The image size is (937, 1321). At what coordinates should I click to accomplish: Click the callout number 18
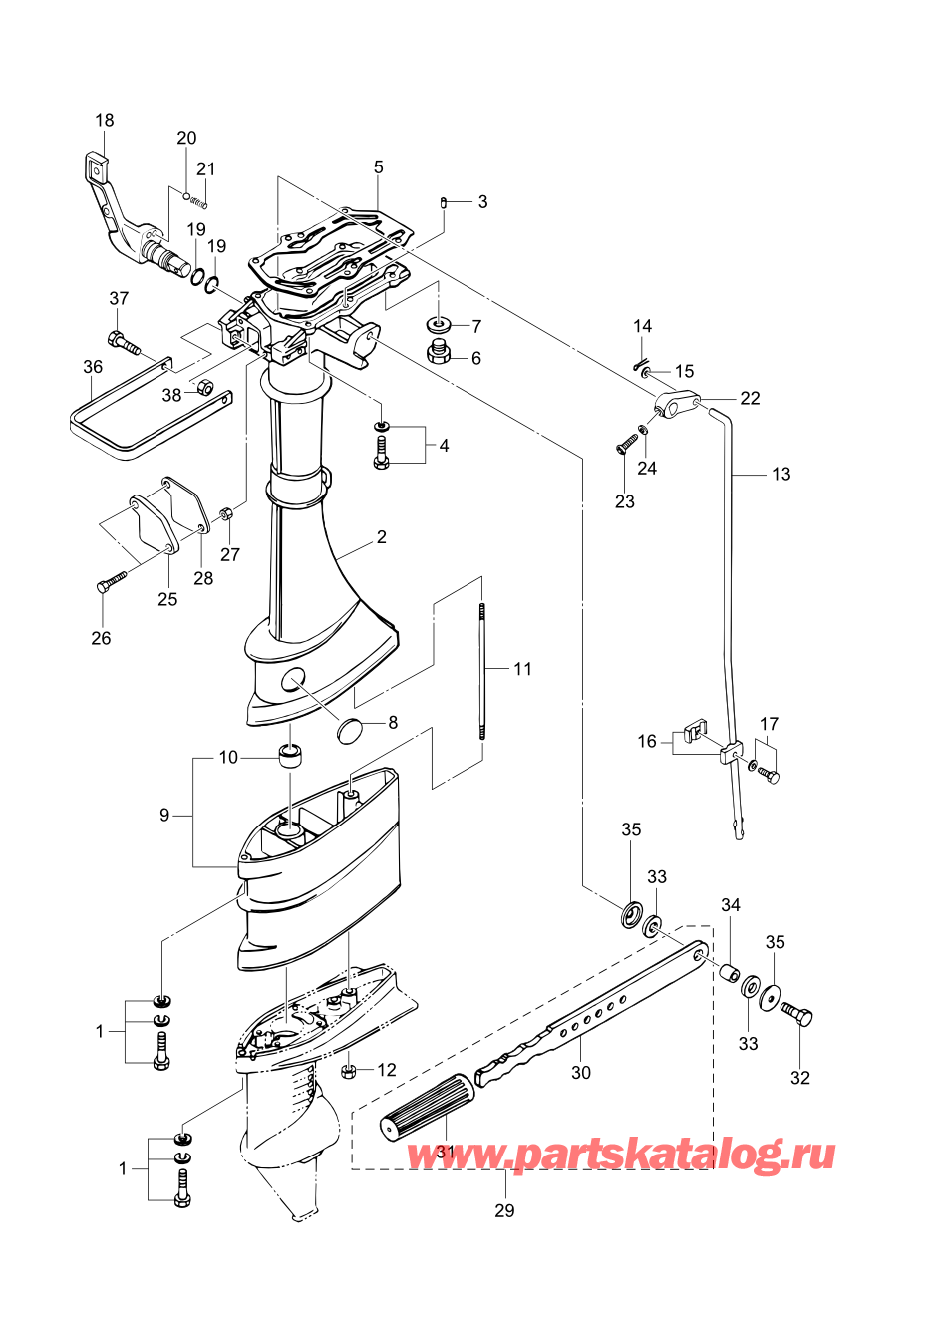coord(105,121)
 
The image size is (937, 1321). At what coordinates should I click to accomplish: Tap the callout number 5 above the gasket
coord(379,167)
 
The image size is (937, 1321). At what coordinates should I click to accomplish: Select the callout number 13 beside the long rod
coord(781,474)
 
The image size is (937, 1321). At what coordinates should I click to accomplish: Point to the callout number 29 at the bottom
coord(504,1210)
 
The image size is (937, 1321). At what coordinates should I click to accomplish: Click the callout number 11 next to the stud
coord(523,669)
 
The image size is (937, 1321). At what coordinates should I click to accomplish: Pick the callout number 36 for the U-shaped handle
coord(93,367)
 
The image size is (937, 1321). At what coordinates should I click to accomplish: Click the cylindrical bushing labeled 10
coord(291,757)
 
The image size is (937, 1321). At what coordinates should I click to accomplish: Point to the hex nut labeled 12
coord(349,1072)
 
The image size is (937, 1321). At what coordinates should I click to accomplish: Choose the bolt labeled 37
coord(124,342)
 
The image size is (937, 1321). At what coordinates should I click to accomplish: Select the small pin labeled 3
coord(443,203)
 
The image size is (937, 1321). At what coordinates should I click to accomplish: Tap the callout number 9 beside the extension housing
coord(164,816)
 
